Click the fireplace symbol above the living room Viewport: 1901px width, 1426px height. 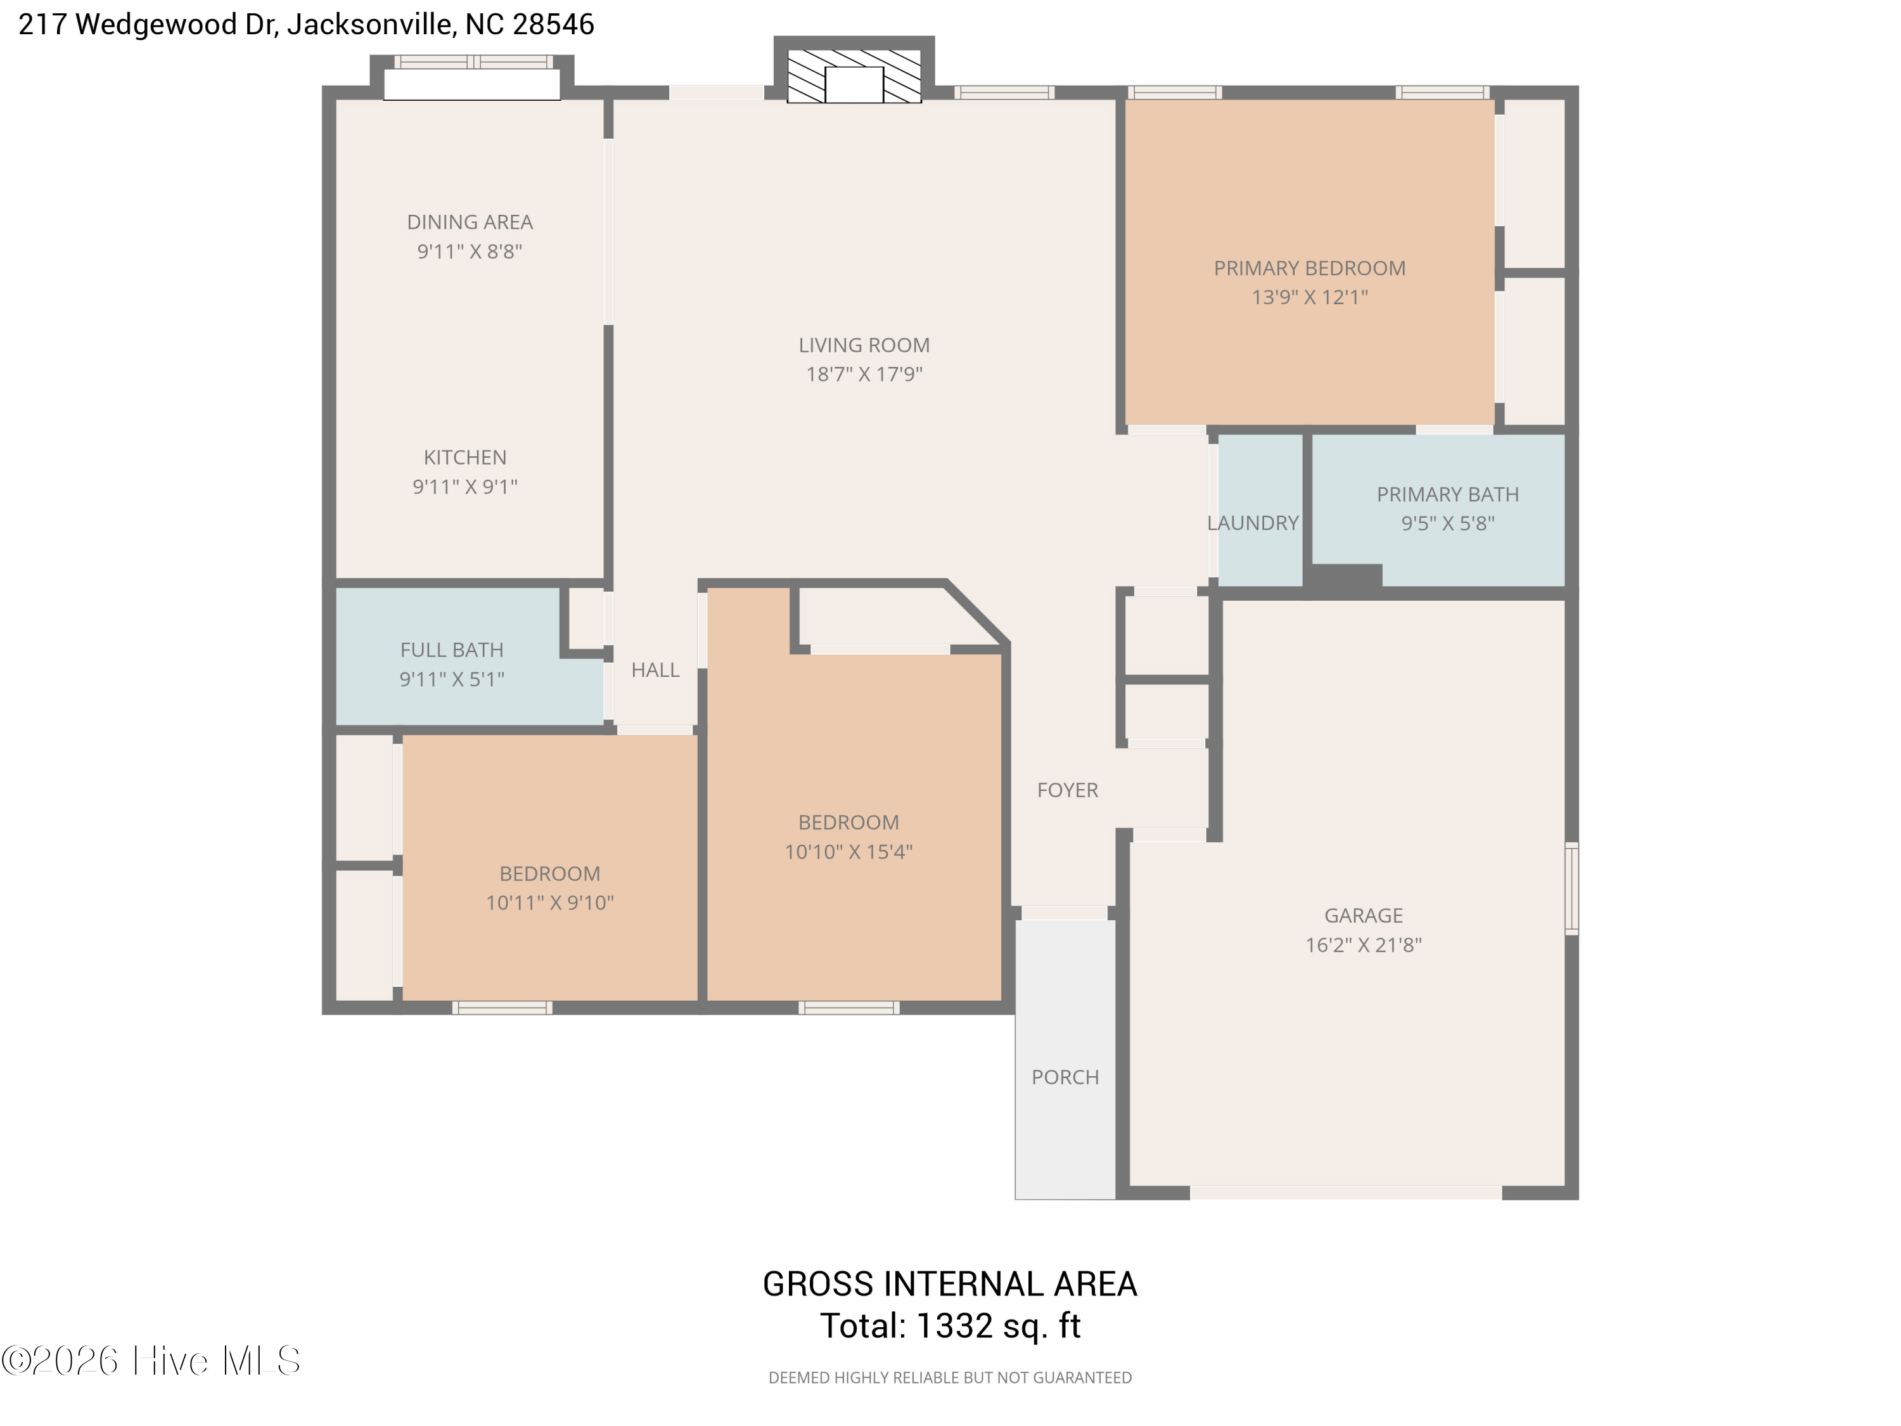[854, 75]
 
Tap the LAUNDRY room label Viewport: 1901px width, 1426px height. [1252, 523]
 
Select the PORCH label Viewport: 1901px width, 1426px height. [1065, 1077]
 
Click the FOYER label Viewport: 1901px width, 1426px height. [1067, 790]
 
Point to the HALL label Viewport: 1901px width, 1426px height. [656, 670]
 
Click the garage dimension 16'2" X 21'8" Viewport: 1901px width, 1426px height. [1364, 945]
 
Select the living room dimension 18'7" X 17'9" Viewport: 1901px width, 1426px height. [864, 374]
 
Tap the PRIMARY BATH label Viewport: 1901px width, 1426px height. [1448, 494]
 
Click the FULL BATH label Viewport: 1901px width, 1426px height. [452, 650]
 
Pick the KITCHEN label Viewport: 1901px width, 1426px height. [465, 458]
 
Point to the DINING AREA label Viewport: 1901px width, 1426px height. [470, 222]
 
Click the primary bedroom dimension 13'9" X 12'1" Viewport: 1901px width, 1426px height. [1310, 297]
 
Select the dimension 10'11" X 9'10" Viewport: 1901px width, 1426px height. [550, 902]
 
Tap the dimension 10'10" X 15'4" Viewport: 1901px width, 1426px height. [848, 852]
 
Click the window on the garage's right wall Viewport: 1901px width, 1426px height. [1572, 889]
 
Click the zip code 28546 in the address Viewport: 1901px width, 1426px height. [553, 24]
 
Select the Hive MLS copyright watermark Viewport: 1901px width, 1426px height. [151, 1360]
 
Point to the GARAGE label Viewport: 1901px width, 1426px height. [1364, 915]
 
